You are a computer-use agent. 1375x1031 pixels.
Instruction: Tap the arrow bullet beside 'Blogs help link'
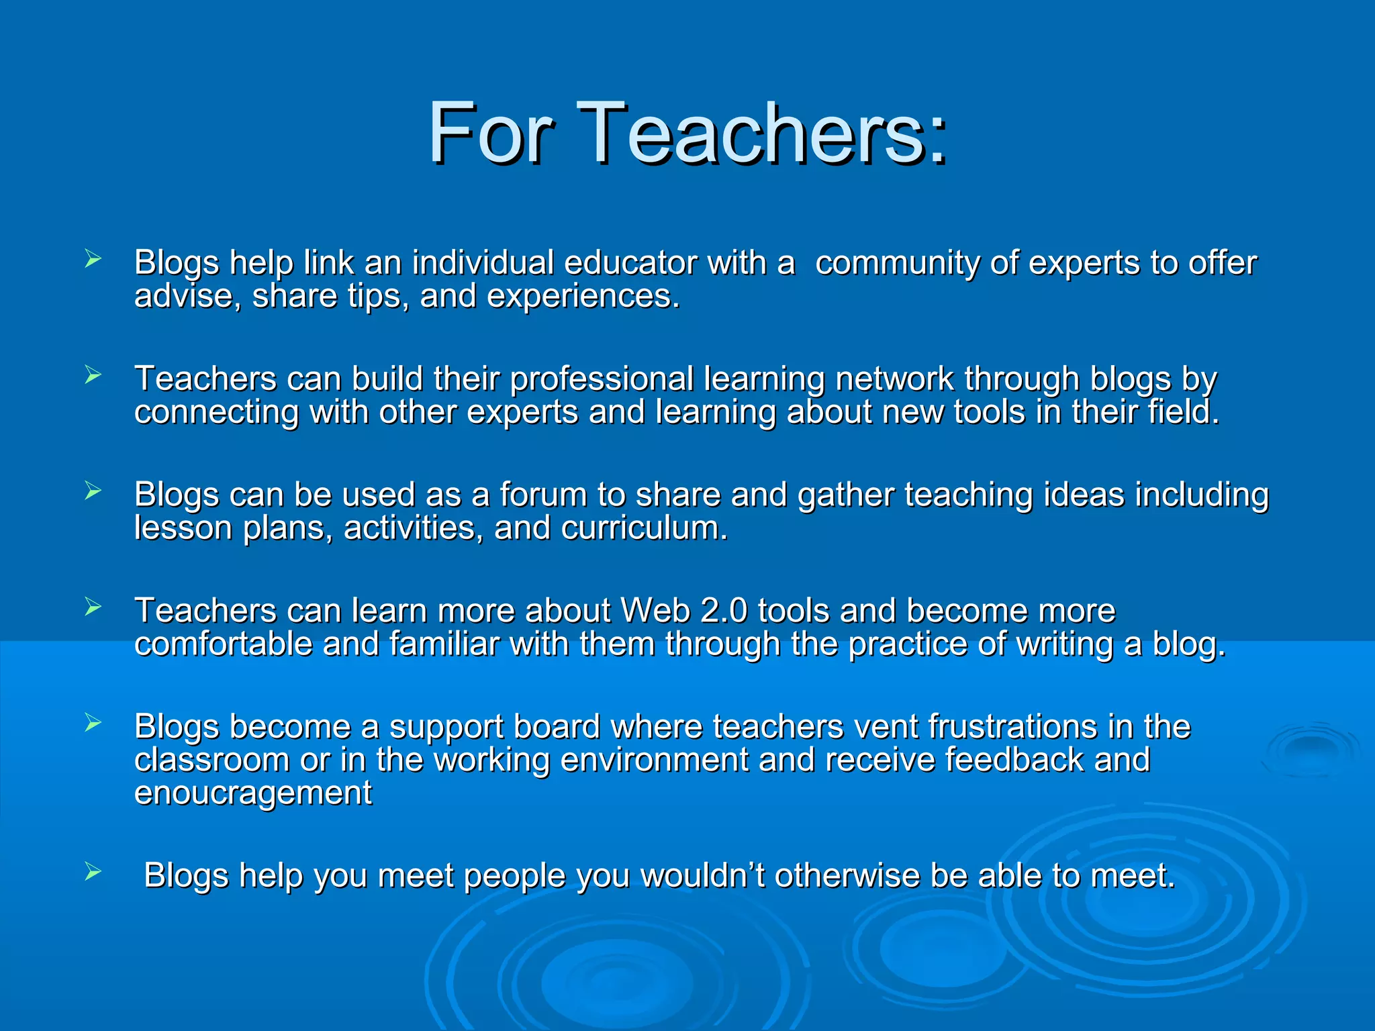pos(93,258)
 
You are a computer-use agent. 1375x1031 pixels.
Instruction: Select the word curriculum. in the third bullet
pos(645,528)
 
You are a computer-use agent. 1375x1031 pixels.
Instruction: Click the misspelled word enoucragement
pos(253,793)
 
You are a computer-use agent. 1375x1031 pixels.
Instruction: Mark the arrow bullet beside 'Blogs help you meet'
pos(93,872)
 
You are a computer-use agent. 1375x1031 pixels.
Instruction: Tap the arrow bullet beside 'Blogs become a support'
pos(93,723)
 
